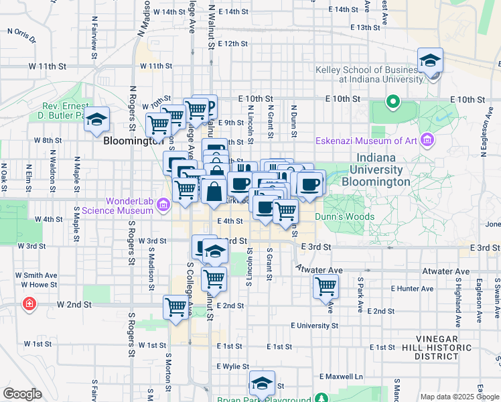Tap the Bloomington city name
(x=133, y=141)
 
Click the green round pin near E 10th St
(x=392, y=103)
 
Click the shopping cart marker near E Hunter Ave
(x=326, y=287)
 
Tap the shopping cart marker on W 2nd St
(x=176, y=307)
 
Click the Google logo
(x=22, y=393)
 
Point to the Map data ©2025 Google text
(x=459, y=397)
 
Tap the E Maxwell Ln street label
(x=341, y=376)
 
